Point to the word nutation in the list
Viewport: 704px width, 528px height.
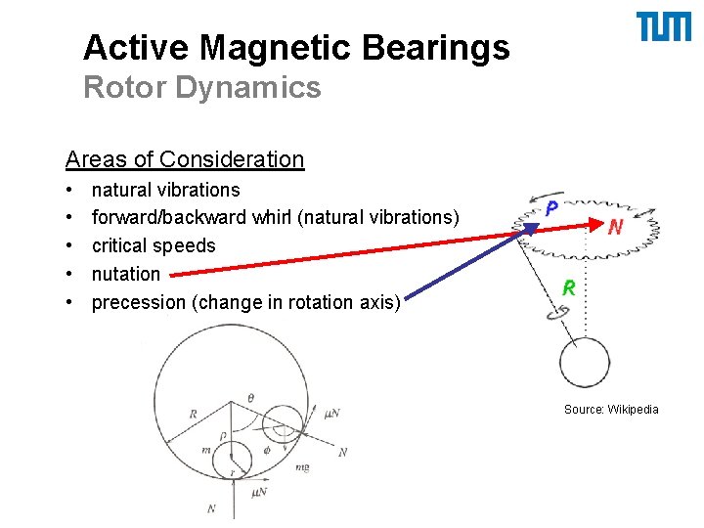point(125,274)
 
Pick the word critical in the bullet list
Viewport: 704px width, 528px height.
point(123,245)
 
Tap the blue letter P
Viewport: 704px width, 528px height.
point(552,208)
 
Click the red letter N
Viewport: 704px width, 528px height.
point(616,227)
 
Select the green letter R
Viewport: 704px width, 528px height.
point(567,287)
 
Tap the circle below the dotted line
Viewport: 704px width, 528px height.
point(584,364)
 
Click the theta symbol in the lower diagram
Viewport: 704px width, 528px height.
point(250,399)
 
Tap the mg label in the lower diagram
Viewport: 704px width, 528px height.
point(302,467)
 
